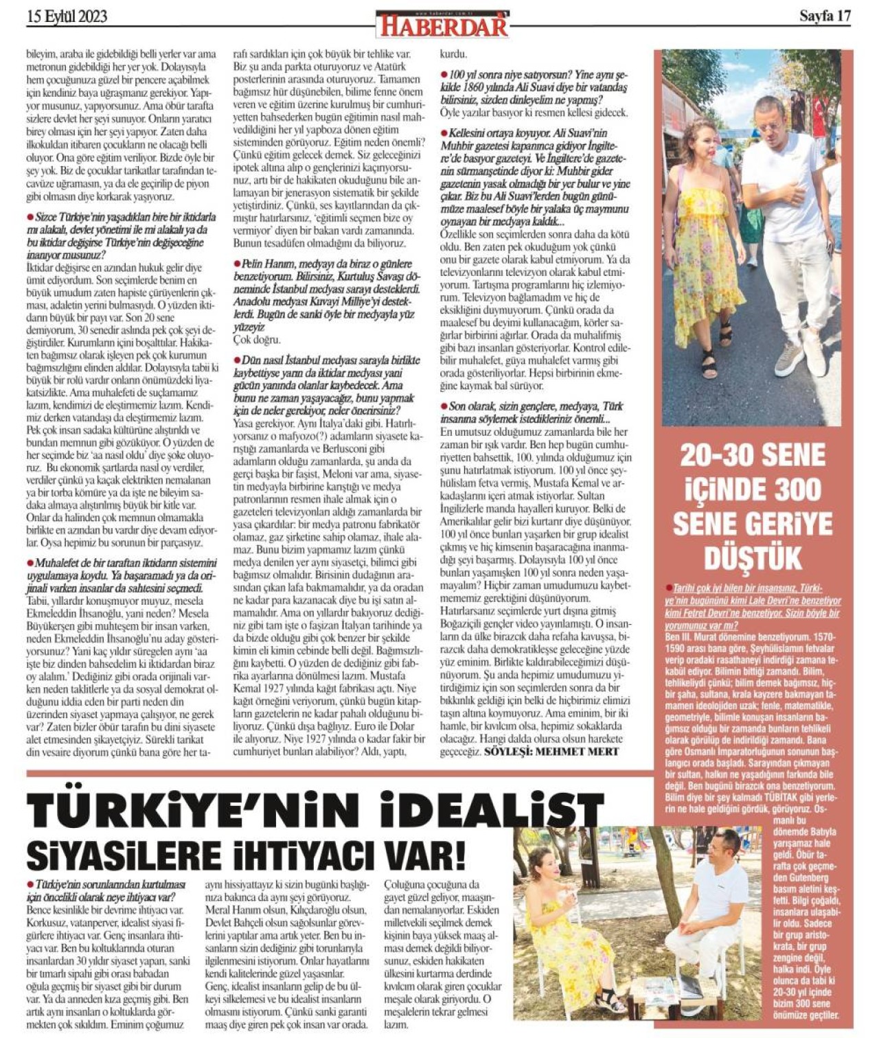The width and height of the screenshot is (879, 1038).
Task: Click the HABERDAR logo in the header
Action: point(442,25)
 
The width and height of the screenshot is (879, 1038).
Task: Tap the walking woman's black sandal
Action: point(709,364)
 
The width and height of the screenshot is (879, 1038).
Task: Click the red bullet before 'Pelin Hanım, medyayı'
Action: point(237,264)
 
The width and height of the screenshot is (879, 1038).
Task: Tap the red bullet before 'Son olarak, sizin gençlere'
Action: point(444,406)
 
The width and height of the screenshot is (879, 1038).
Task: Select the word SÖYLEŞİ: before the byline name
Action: point(508,751)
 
